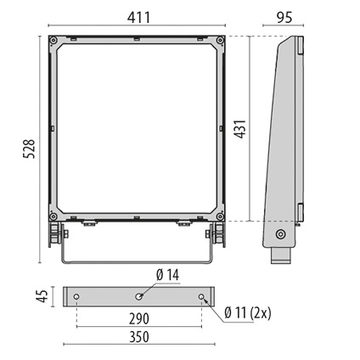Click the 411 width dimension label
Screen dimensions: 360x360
tap(138, 18)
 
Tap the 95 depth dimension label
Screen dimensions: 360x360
tap(284, 18)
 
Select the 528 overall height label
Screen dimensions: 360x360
tap(29, 149)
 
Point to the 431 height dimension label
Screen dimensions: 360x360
tap(241, 129)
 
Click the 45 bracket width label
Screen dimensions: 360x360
tap(42, 296)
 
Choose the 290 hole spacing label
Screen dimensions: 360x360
tap(139, 318)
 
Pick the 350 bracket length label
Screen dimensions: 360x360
tap(139, 337)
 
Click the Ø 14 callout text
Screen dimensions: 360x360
tap(167, 275)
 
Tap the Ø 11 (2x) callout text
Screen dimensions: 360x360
tap(248, 313)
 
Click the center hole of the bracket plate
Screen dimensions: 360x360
tap(138, 296)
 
